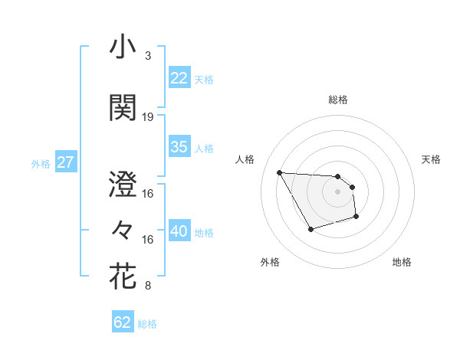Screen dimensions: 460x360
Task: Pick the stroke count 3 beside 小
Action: pyautogui.click(x=147, y=56)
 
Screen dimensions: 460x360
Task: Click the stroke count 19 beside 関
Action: pyautogui.click(x=148, y=117)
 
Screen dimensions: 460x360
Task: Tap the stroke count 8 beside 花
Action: pyautogui.click(x=147, y=286)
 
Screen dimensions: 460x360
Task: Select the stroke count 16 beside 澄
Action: pyautogui.click(x=148, y=194)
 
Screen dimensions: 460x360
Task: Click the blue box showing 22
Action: pyautogui.click(x=179, y=77)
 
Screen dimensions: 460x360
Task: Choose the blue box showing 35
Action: pyautogui.click(x=179, y=147)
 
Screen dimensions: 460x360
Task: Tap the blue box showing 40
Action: pyautogui.click(x=179, y=231)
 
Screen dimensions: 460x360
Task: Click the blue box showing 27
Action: pyautogui.click(x=66, y=162)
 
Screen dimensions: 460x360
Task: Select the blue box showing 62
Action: pyautogui.click(x=123, y=322)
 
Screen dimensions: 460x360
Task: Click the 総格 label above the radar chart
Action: pyautogui.click(x=338, y=100)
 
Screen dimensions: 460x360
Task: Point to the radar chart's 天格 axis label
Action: pyautogui.click(x=431, y=159)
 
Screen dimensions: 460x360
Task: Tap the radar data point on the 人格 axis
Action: pyautogui.click(x=279, y=172)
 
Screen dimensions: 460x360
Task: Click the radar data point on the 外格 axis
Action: pyautogui.click(x=310, y=229)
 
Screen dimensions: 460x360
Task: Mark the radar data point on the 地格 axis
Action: pyautogui.click(x=357, y=218)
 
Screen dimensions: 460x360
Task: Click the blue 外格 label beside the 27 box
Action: pyautogui.click(x=41, y=163)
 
